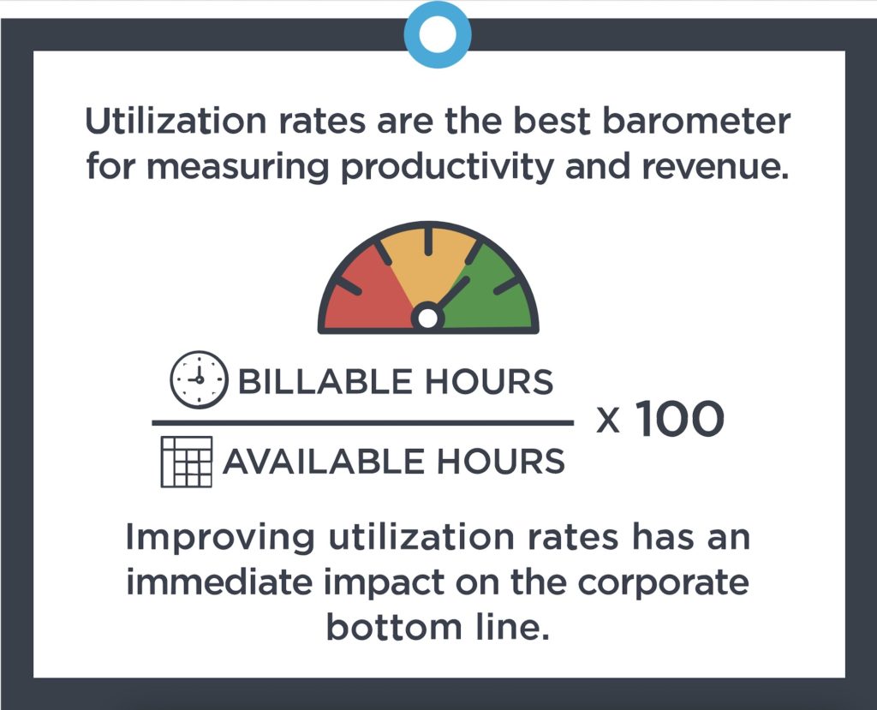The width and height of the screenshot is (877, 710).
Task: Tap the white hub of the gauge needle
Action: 427,319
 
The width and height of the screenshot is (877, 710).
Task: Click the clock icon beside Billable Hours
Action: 199,379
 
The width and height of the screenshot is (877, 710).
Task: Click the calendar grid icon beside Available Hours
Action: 186,462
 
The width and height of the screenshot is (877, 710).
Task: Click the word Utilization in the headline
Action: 171,122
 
